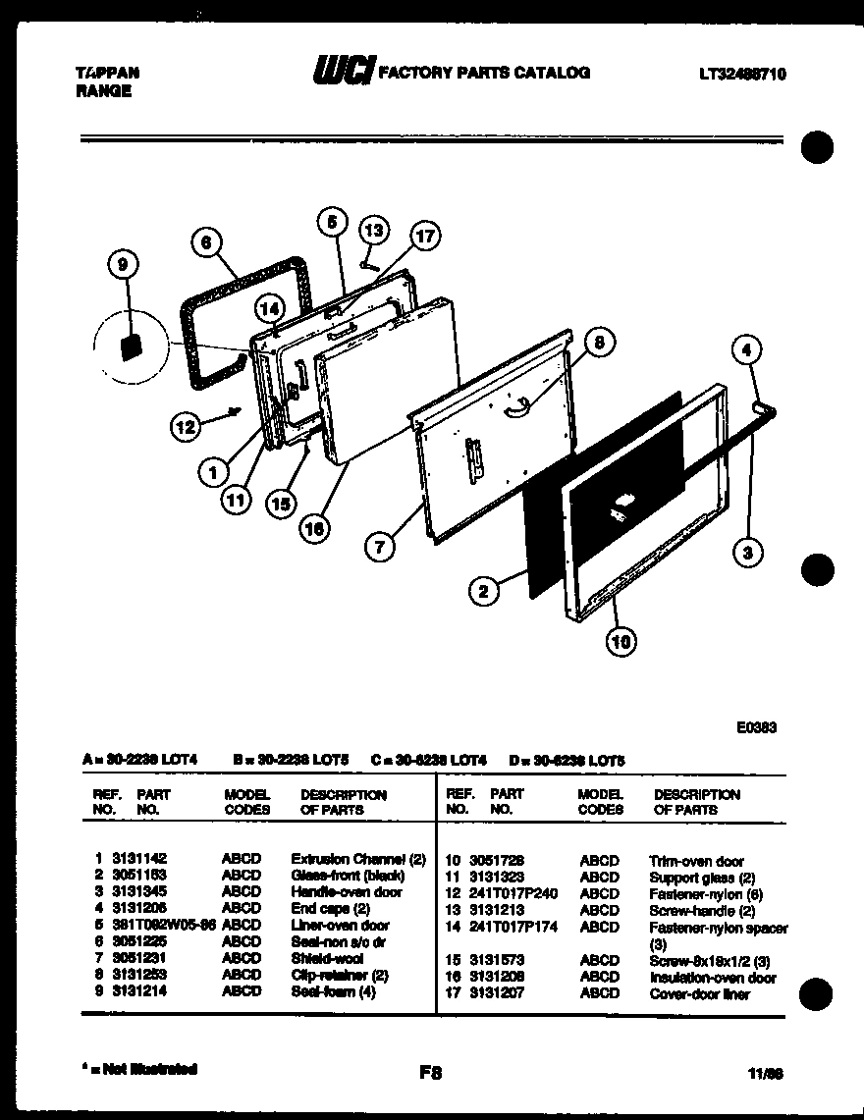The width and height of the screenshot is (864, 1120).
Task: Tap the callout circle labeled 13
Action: point(374,230)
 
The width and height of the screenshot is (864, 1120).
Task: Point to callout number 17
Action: point(423,236)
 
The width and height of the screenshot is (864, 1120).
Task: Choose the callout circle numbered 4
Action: point(747,348)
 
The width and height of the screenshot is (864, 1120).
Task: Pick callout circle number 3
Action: point(749,553)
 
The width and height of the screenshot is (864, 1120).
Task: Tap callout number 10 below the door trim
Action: point(620,643)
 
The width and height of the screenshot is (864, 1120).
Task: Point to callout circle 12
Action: point(186,425)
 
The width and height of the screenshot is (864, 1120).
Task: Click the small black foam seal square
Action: point(127,347)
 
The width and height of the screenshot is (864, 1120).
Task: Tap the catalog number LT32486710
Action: point(742,74)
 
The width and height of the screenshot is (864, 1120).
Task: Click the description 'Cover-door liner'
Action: point(699,993)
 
